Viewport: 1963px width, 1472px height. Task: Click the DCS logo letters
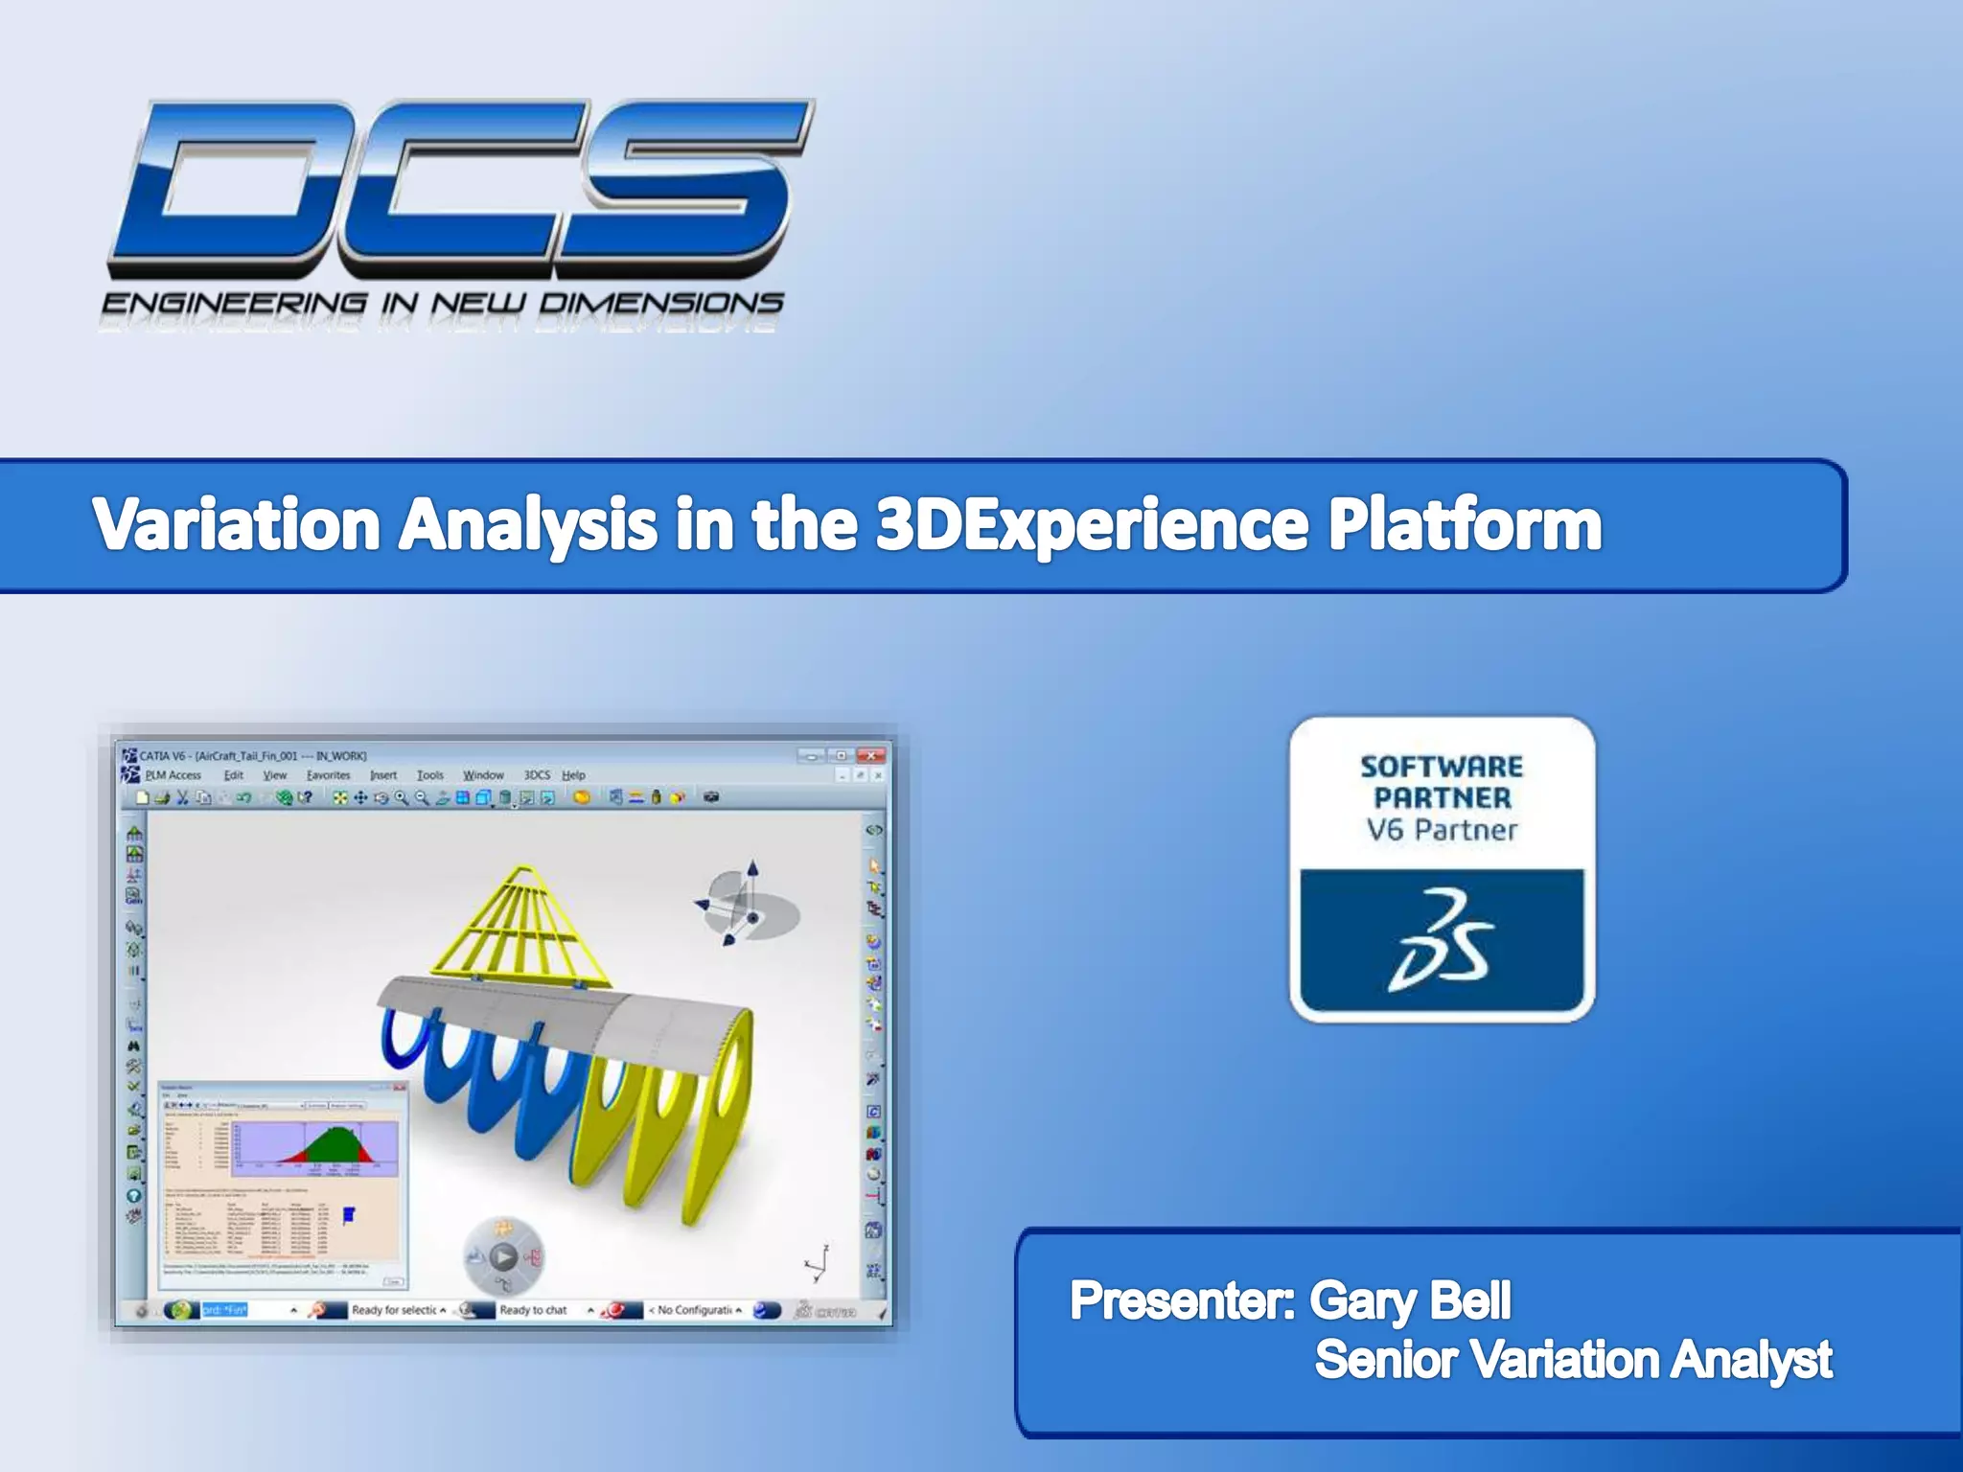460,182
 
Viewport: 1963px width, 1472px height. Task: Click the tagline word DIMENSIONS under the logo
660,304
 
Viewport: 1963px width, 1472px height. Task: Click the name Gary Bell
1409,1301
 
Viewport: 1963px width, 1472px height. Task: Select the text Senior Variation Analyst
1572,1360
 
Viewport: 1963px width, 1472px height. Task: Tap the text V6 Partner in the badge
1442,830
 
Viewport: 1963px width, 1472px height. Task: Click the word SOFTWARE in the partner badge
1442,767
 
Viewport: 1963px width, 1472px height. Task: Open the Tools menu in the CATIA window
429,775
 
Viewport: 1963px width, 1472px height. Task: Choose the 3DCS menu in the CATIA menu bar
537,775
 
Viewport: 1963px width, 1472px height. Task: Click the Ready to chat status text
533,1310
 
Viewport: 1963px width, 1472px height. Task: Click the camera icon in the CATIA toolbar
711,797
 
